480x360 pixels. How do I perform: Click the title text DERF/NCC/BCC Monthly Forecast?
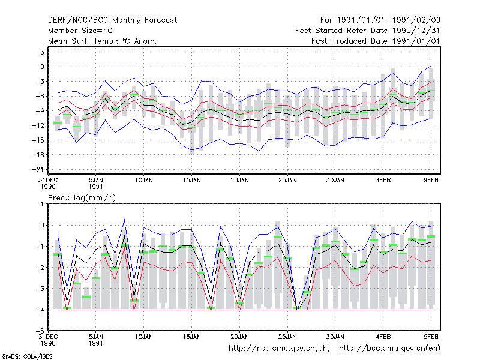tap(112, 20)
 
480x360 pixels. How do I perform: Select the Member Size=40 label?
tap(80, 31)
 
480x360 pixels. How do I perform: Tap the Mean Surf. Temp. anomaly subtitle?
tap(103, 41)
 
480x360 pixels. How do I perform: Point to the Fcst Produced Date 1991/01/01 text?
tap(376, 41)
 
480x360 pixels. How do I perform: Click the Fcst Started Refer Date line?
tap(368, 31)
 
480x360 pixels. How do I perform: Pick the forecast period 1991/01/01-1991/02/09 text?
tap(380, 20)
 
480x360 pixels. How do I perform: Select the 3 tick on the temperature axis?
tap(42, 52)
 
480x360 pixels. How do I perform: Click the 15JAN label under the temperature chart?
tap(191, 181)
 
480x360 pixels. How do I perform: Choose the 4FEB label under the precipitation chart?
tap(383, 337)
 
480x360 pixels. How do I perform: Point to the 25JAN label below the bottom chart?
tap(287, 337)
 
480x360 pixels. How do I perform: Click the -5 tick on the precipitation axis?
tap(40, 331)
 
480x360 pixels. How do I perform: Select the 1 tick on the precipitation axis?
tap(42, 204)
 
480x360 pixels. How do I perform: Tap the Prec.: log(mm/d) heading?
tap(82, 198)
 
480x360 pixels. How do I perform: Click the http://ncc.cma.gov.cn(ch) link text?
tap(279, 349)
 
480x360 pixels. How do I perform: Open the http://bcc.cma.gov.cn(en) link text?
tap(389, 349)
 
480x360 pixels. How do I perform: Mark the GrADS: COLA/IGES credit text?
tap(27, 356)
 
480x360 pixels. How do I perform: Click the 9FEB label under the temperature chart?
tap(431, 181)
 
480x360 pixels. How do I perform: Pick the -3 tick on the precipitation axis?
tap(40, 289)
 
